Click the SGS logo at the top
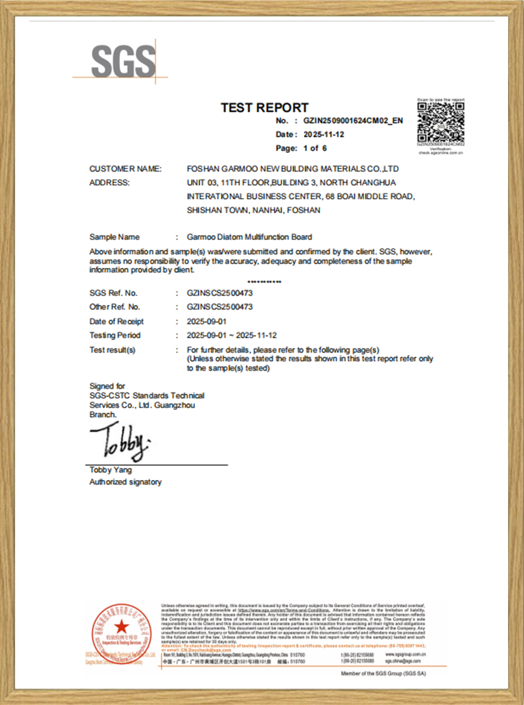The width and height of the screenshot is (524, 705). click(123, 61)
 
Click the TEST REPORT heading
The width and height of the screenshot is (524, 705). click(264, 108)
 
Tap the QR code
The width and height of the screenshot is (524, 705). click(441, 122)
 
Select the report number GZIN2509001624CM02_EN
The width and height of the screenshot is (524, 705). click(353, 120)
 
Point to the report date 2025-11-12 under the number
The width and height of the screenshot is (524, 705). click(324, 135)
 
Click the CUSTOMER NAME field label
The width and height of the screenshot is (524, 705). click(125, 169)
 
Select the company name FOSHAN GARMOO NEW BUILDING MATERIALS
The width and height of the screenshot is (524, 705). click(293, 169)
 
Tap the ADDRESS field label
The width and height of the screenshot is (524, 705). click(109, 182)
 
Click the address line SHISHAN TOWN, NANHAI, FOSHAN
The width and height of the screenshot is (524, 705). click(253, 210)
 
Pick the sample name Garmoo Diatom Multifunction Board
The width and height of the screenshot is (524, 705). click(249, 237)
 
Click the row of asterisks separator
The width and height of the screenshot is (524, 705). click(264, 282)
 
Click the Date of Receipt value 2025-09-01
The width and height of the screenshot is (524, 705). click(206, 321)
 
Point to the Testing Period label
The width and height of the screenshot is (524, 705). click(115, 335)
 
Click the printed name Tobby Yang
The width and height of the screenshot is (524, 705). click(110, 470)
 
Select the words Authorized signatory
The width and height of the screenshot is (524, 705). click(125, 482)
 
